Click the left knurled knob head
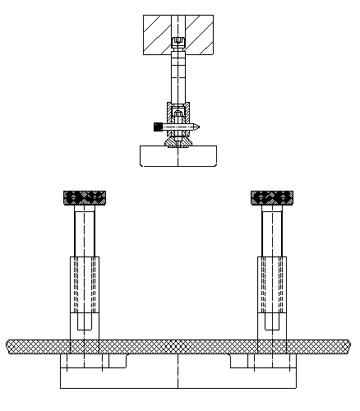tap(85, 198)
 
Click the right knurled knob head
tap(272, 198)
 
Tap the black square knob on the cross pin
tap(157, 126)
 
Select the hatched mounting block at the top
tap(156, 35)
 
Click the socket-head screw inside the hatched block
tap(178, 43)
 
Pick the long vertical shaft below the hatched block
tap(178, 78)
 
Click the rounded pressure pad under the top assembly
tap(178, 155)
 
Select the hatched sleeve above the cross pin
tap(178, 110)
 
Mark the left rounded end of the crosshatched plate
tap(11, 347)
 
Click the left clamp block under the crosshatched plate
tap(95, 362)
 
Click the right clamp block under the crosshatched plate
tap(261, 362)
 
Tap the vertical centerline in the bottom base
tap(178, 374)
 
